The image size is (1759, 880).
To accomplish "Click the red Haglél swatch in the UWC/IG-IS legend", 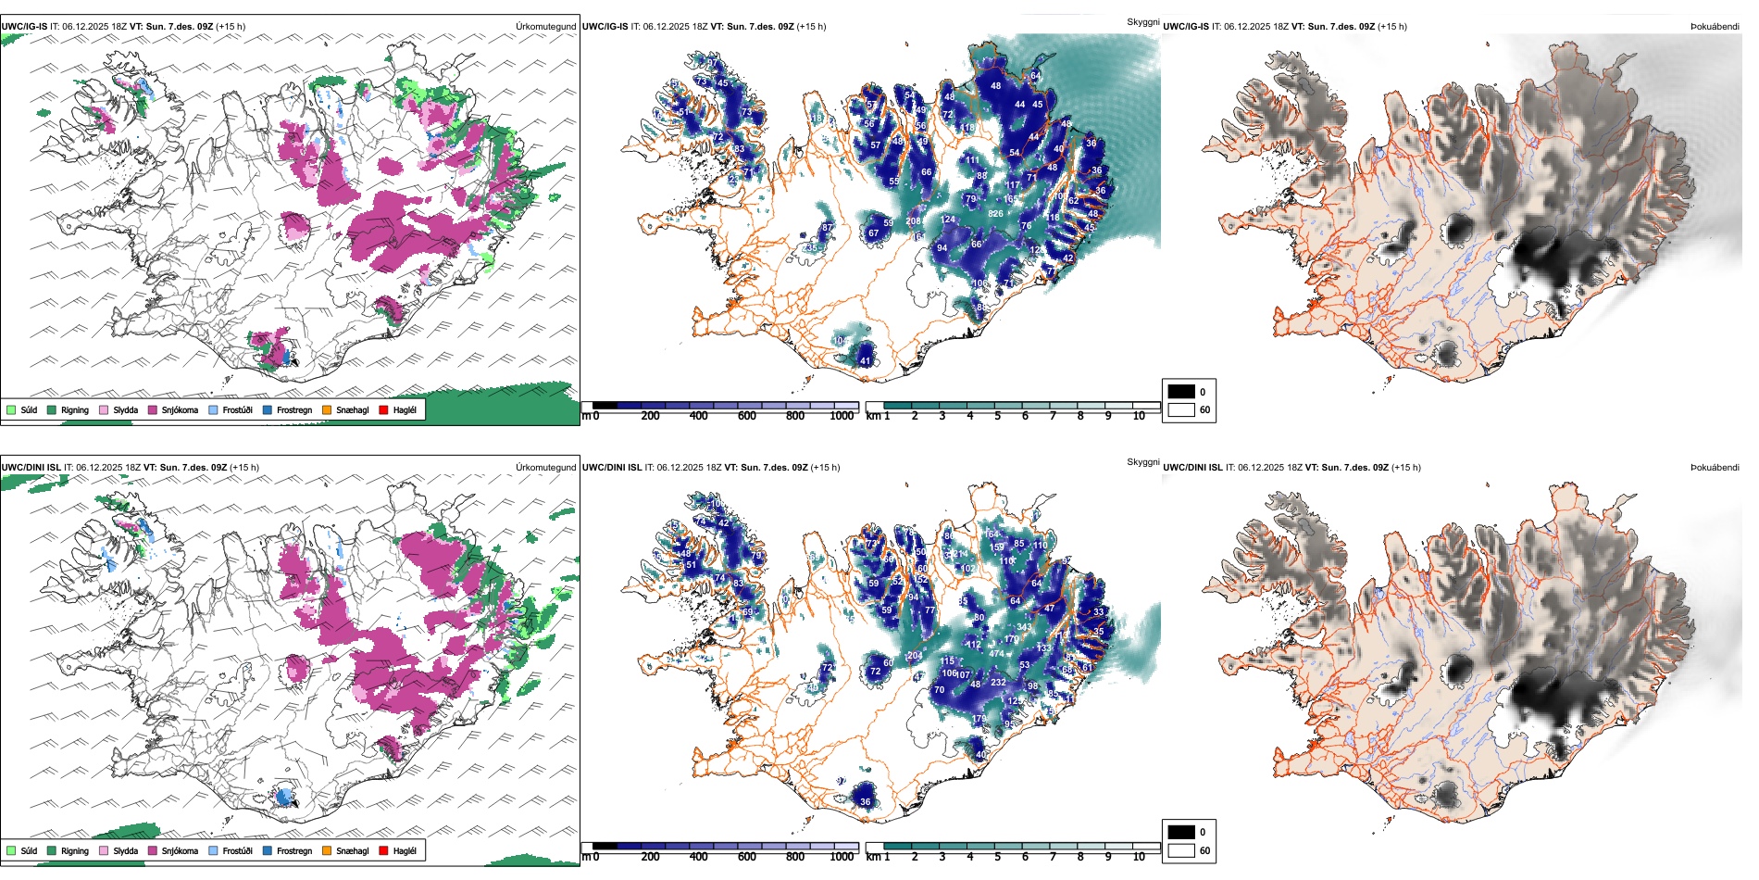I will (384, 409).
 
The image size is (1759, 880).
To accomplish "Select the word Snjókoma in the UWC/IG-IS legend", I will (180, 409).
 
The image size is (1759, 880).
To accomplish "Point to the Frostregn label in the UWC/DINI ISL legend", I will (293, 850).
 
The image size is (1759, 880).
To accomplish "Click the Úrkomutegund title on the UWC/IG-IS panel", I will (545, 26).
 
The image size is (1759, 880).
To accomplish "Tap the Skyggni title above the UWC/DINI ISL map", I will (1142, 461).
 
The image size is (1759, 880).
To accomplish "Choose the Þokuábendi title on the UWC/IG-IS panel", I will (1715, 26).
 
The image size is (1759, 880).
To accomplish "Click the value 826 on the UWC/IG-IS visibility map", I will (995, 214).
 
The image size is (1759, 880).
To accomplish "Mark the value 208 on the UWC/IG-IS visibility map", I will (914, 220).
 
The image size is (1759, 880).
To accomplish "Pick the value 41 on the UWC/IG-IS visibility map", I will (866, 360).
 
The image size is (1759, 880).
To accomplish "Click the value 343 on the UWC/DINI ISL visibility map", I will (1024, 627).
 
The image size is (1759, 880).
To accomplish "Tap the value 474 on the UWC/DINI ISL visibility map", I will (996, 653).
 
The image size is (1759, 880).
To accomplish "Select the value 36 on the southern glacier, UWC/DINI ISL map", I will (866, 801).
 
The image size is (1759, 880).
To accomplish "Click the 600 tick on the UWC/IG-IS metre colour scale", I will (746, 416).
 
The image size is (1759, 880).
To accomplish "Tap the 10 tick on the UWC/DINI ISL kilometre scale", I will (1139, 857).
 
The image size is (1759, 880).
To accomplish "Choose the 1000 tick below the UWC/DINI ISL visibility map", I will (842, 857).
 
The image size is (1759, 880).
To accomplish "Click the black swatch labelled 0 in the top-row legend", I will (1181, 391).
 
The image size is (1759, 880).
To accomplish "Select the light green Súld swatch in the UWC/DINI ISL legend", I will (11, 850).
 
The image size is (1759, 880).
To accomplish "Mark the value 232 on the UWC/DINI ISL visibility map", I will (998, 682).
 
